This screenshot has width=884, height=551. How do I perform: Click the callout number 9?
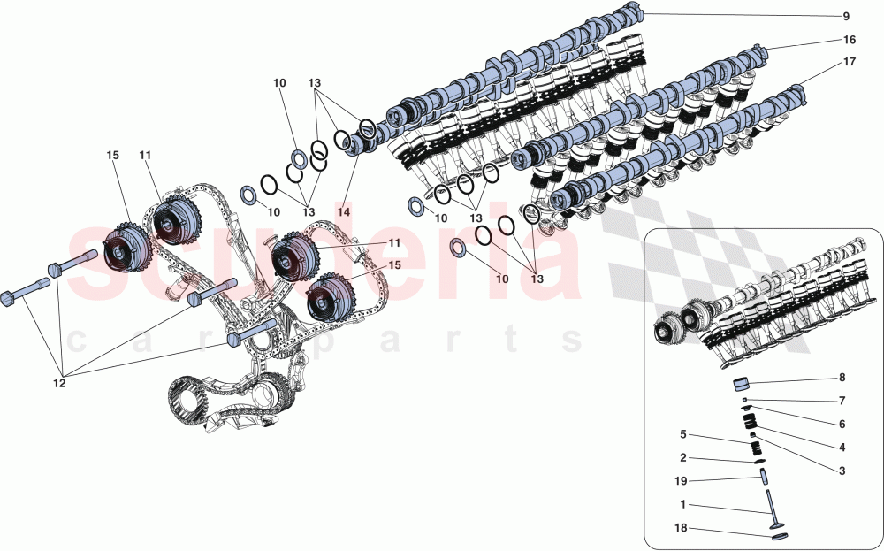[x=845, y=17]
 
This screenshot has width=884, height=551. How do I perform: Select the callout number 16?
[x=849, y=41]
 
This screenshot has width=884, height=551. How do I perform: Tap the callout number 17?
[x=849, y=63]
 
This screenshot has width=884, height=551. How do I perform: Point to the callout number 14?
[x=343, y=213]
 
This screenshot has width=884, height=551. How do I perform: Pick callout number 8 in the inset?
[x=842, y=378]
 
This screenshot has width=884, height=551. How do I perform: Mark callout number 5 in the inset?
[x=683, y=435]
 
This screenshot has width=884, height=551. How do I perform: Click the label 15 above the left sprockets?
[x=112, y=156]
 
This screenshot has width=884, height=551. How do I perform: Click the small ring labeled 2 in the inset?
[x=758, y=461]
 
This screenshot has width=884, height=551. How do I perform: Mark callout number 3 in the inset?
[x=842, y=471]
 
